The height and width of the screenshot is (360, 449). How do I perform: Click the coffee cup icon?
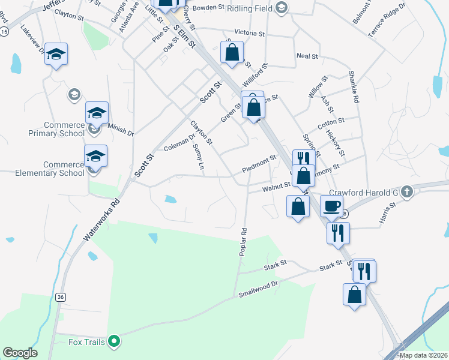(331, 206)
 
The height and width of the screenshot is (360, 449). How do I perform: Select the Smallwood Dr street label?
(259, 290)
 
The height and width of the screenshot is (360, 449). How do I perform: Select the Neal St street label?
(307, 56)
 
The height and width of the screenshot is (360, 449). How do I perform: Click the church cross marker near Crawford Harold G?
(407, 191)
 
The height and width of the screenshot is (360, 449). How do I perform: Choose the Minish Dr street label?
(121, 127)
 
